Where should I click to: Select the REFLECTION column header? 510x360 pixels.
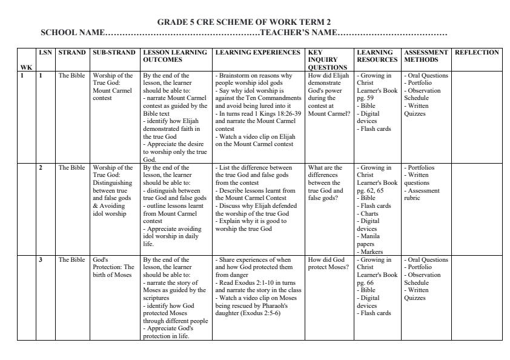point(477,53)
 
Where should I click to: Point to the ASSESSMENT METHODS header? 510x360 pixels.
point(426,56)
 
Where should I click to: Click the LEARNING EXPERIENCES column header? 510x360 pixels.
point(257,53)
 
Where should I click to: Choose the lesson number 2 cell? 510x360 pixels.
point(41,168)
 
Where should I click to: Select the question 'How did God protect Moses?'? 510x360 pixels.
point(328,263)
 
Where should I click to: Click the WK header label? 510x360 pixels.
point(25,67)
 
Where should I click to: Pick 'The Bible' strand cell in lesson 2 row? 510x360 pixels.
point(71,168)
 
